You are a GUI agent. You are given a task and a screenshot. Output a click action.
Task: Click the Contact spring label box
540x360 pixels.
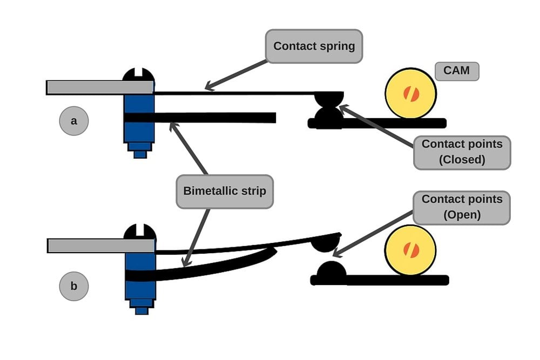point(314,46)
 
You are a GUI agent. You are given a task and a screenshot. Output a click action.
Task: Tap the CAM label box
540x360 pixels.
point(457,71)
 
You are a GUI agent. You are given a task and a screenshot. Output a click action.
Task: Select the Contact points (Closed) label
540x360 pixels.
point(462,152)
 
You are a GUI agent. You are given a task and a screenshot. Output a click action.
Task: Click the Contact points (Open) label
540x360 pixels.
point(462,207)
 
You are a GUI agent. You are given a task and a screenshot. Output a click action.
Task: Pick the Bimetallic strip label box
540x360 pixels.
point(225,191)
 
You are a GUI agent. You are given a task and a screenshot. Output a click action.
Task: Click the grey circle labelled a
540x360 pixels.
point(74,121)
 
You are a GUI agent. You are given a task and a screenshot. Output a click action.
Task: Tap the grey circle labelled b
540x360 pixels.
point(74,286)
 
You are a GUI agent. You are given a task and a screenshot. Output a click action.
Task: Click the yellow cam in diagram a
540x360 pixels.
point(411,93)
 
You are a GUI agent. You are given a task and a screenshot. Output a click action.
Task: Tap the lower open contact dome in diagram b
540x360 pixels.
point(330,270)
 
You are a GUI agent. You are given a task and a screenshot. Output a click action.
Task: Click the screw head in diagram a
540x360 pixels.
point(139,75)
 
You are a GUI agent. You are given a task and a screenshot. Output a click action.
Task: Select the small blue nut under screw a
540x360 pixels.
point(140,154)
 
